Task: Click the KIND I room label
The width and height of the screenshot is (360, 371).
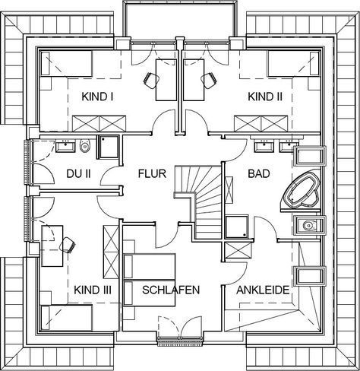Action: (x=97, y=97)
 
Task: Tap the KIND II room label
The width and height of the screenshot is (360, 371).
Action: (x=265, y=97)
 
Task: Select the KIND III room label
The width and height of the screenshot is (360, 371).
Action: (x=93, y=290)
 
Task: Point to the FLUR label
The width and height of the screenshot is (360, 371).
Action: (x=152, y=174)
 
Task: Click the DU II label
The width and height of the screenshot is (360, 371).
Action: (x=78, y=174)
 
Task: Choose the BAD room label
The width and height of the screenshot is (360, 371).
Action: (x=259, y=174)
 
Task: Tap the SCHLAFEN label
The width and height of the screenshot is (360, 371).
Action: (x=171, y=290)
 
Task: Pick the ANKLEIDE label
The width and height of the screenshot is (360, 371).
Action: (x=263, y=290)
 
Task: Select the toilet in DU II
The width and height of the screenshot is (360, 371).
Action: (x=85, y=146)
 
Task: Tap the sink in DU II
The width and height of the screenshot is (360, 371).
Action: (x=65, y=147)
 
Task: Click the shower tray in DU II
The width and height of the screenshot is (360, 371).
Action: (x=108, y=147)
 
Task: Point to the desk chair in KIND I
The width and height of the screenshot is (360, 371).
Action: (x=151, y=80)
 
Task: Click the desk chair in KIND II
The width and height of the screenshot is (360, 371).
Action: (x=209, y=80)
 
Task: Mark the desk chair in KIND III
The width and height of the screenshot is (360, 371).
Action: (x=68, y=245)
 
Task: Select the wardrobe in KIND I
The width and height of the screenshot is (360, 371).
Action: (x=99, y=123)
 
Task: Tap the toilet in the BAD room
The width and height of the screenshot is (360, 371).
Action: (x=308, y=225)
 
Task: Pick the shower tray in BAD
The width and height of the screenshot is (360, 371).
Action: (x=237, y=227)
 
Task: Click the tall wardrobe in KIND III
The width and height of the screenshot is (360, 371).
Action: (x=111, y=252)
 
